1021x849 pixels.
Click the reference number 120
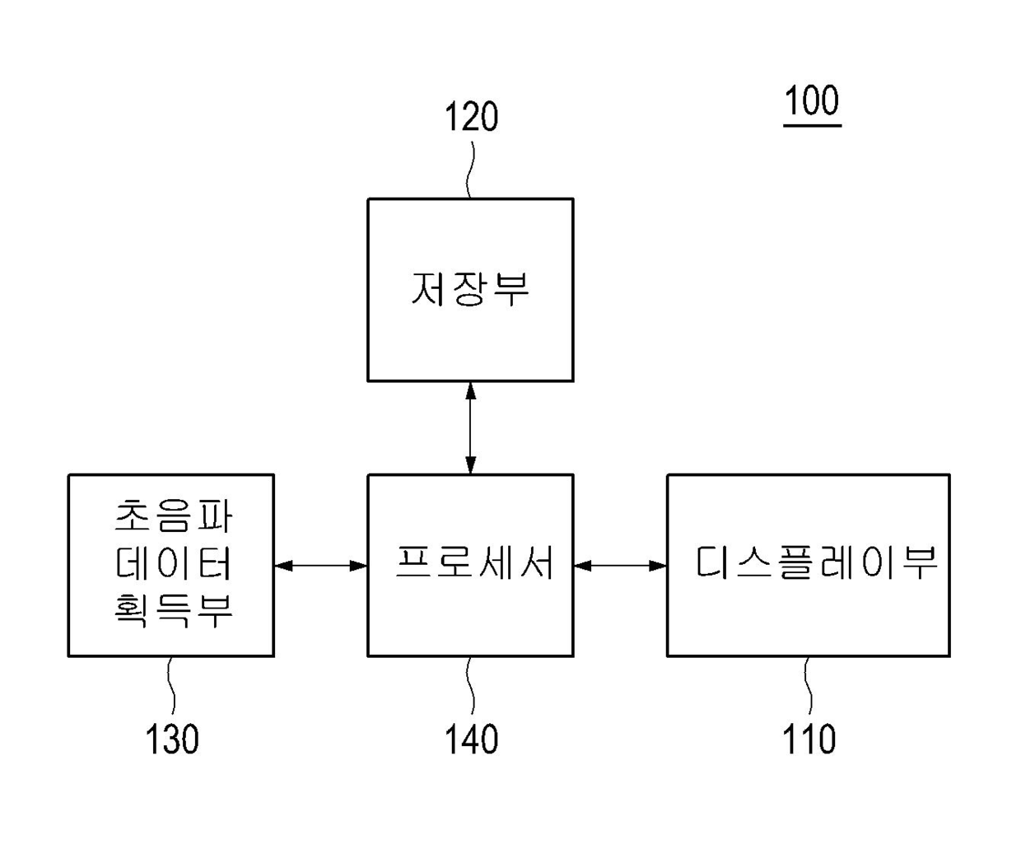[471, 118]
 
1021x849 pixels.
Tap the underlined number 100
[812, 101]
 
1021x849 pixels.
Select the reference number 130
[172, 739]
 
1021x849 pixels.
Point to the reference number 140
[471, 739]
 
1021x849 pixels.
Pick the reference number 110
[809, 739]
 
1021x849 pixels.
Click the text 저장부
[470, 289]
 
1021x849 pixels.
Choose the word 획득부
[173, 609]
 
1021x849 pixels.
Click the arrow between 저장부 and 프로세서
[470, 427]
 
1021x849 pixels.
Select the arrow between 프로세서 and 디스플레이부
[620, 566]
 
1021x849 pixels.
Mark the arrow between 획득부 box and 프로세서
[320, 566]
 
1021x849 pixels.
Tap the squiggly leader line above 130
[171, 685]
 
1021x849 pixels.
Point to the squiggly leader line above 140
[471, 685]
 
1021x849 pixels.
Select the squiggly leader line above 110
[809, 685]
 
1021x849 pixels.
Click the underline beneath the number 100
[812, 126]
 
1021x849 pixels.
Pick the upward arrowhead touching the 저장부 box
[470, 390]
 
